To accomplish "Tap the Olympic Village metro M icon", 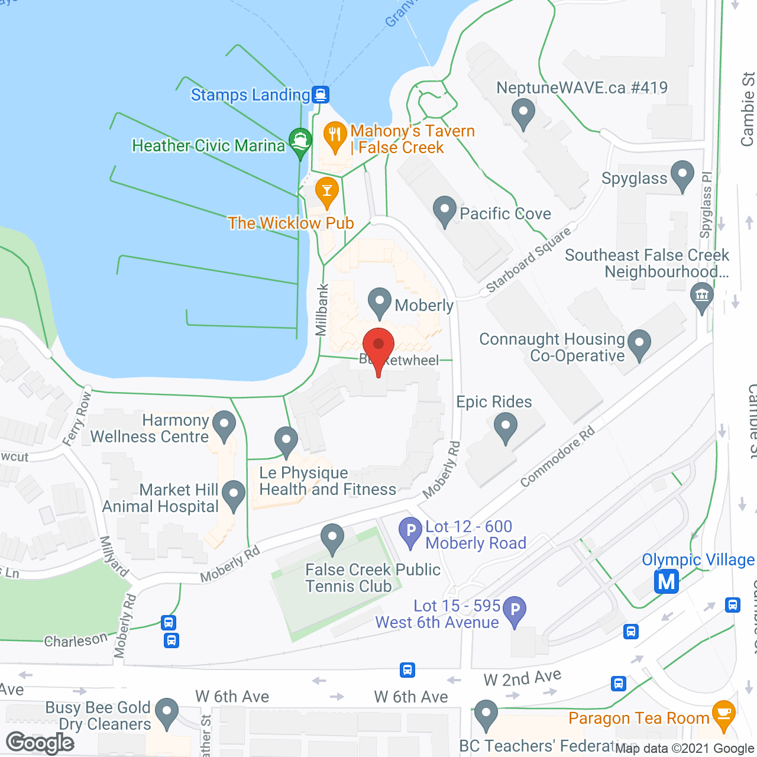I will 667,581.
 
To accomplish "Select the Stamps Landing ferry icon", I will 321,94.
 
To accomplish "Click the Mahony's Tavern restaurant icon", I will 335,135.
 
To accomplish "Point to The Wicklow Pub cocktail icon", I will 326,191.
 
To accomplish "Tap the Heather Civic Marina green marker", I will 300,142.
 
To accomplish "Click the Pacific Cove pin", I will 444,210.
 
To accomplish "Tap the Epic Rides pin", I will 506,427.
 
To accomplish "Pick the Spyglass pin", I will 682,175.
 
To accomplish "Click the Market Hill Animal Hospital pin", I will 234,494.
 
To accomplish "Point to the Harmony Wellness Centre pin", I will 224,425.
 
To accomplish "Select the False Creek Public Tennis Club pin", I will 332,538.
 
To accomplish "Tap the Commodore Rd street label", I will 557,456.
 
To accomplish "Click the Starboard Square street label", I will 528,260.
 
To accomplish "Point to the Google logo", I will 40,743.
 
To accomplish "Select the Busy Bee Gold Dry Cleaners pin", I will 167,712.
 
